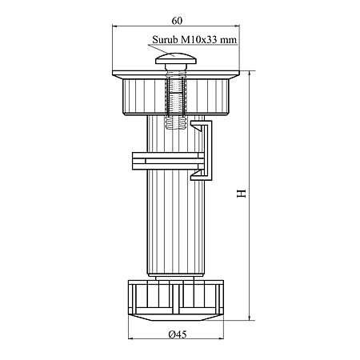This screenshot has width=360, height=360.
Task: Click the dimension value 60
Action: coord(177,21)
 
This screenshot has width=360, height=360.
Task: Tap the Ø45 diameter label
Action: coord(178,334)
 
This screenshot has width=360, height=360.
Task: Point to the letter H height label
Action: coord(242,194)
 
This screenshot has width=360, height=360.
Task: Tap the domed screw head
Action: coord(176,58)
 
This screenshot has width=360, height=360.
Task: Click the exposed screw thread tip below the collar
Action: coord(175,124)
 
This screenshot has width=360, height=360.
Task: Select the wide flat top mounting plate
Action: coord(176,74)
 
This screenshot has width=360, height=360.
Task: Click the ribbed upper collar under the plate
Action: coord(176,97)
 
